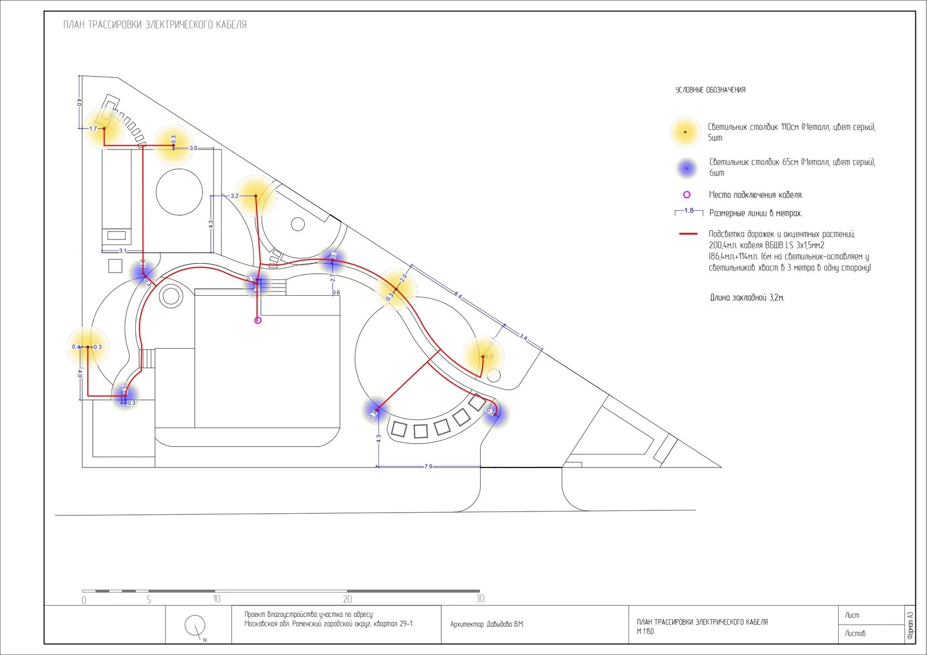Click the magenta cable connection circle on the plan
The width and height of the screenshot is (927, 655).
(x=258, y=320)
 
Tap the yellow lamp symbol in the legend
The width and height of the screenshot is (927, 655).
(x=685, y=132)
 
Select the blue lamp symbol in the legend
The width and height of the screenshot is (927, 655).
(x=686, y=168)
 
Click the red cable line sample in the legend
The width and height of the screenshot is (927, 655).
(x=688, y=234)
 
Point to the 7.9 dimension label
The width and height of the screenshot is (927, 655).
(x=428, y=466)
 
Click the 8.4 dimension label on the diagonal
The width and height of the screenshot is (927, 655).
(x=458, y=295)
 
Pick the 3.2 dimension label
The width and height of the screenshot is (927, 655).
(x=235, y=196)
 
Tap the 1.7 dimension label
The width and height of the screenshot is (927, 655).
(x=93, y=129)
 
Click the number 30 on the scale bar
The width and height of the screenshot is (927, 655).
(x=480, y=599)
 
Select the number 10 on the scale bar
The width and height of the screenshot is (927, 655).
(x=217, y=599)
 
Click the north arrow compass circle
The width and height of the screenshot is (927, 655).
(x=195, y=625)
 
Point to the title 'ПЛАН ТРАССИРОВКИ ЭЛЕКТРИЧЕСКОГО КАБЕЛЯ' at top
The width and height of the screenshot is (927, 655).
(x=155, y=25)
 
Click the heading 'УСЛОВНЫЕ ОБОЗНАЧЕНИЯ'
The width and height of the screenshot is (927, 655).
(x=710, y=90)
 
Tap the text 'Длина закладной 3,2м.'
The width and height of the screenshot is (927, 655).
(x=747, y=297)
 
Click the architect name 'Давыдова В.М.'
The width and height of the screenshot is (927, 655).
(x=505, y=624)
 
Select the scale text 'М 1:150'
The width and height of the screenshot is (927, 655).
(x=645, y=631)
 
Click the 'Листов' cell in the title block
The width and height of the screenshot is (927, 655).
(x=855, y=633)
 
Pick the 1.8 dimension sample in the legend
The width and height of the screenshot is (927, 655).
(x=689, y=211)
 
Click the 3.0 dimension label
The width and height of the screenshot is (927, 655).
(x=193, y=148)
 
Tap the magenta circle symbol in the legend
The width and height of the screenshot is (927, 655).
(x=686, y=195)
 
